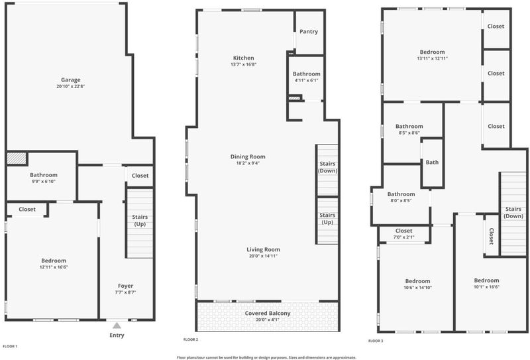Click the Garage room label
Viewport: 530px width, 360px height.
click(71, 80)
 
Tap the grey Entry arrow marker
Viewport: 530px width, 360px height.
click(117, 326)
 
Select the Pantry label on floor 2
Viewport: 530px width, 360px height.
click(309, 31)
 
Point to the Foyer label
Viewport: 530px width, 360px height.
click(125, 286)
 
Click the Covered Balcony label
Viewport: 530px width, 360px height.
click(268, 314)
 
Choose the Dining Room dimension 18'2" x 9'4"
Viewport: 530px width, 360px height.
click(248, 163)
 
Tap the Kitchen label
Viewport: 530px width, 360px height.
click(243, 58)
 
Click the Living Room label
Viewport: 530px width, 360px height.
click(263, 250)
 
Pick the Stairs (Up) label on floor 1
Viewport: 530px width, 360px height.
click(140, 220)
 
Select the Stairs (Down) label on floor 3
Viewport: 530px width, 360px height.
click(513, 212)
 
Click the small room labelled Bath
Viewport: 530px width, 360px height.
click(432, 162)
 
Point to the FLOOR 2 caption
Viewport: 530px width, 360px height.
click(191, 339)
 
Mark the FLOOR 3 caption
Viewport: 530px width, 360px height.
click(376, 341)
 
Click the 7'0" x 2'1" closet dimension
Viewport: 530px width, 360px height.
click(404, 237)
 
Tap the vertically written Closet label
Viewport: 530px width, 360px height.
click(492, 236)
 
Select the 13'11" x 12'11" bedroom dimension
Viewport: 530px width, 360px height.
click(433, 58)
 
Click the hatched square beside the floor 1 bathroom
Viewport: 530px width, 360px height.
click(17, 158)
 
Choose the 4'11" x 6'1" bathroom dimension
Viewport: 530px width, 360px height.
click(307, 80)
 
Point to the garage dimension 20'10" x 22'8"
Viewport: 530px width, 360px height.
click(71, 86)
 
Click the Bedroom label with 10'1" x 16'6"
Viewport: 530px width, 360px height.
click(486, 280)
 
